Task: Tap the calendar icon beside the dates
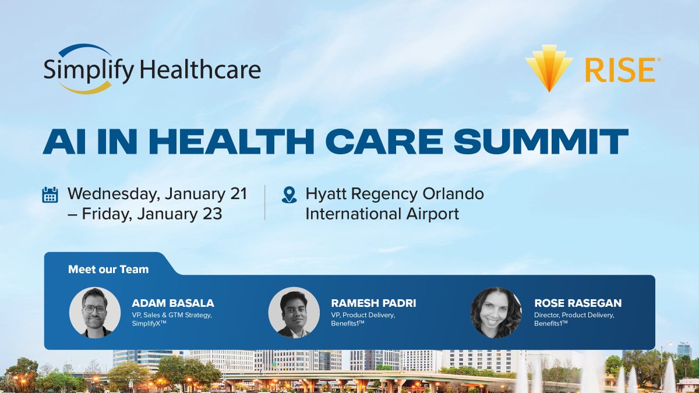click(x=51, y=194)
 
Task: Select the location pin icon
click(x=289, y=194)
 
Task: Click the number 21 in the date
click(x=238, y=194)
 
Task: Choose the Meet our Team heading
click(x=108, y=270)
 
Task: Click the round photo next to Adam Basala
click(x=94, y=313)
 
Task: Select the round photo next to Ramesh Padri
click(x=294, y=313)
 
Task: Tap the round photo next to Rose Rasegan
click(x=496, y=313)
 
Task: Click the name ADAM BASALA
click(x=173, y=303)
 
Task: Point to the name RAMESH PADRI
click(x=373, y=303)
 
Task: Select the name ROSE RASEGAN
click(x=577, y=303)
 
